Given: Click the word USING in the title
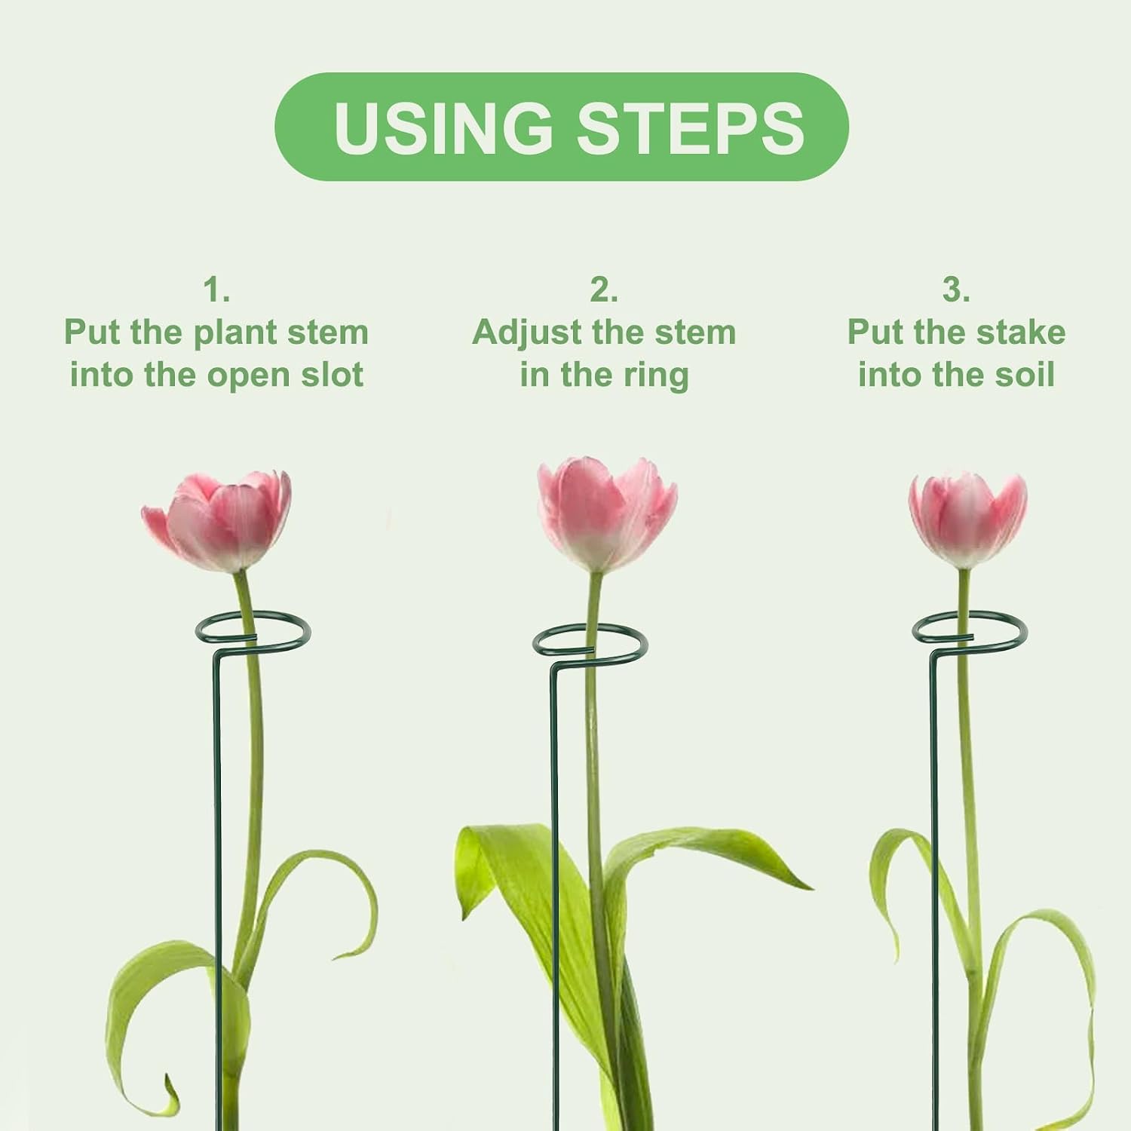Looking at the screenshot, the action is [x=443, y=127].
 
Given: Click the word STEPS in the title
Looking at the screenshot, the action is [x=691, y=127].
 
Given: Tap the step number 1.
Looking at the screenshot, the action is [x=216, y=290].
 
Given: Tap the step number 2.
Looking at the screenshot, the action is [x=603, y=290].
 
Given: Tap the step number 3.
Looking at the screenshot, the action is [x=955, y=290].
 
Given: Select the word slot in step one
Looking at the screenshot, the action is [x=333, y=375].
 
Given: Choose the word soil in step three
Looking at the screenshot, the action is [x=1026, y=375].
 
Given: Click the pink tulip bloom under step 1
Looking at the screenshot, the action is [x=216, y=520].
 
